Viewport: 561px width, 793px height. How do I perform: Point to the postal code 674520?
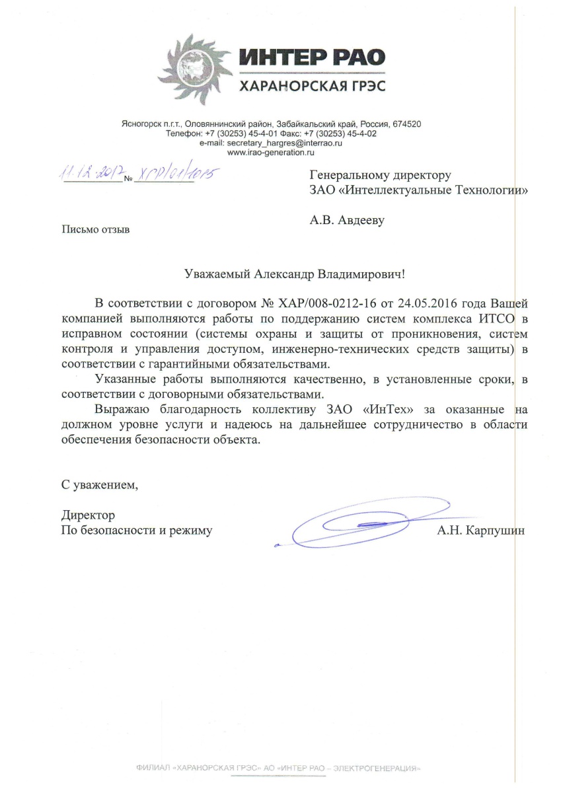(406, 124)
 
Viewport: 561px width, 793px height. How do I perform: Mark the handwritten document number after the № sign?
(175, 174)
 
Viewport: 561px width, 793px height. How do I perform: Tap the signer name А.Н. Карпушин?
(480, 530)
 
